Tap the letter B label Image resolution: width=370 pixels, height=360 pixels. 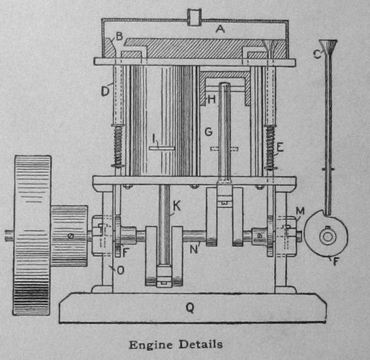(x=120, y=37)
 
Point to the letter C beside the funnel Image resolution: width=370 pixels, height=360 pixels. (x=317, y=54)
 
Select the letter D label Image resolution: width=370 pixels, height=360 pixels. (x=106, y=91)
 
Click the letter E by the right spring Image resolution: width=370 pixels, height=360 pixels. (x=280, y=148)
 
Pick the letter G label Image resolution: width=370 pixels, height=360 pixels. (x=208, y=132)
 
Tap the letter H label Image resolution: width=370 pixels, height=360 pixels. (x=212, y=100)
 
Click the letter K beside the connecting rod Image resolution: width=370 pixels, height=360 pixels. (x=177, y=206)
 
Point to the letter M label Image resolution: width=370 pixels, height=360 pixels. (x=300, y=212)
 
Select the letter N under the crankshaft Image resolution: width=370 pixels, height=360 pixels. (x=194, y=249)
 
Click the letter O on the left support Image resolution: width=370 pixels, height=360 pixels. (x=120, y=270)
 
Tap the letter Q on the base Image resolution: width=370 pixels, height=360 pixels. (x=190, y=308)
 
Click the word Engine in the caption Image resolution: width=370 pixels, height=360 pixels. (x=151, y=345)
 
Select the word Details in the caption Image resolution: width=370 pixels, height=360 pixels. (x=201, y=344)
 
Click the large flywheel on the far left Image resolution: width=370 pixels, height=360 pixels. (x=32, y=235)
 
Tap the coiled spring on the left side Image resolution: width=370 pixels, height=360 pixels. (x=118, y=146)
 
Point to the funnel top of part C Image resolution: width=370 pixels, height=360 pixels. (x=328, y=46)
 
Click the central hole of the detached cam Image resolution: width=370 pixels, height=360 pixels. (x=327, y=237)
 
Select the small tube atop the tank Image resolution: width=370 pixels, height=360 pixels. (x=194, y=17)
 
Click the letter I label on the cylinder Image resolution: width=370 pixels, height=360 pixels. (x=154, y=139)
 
